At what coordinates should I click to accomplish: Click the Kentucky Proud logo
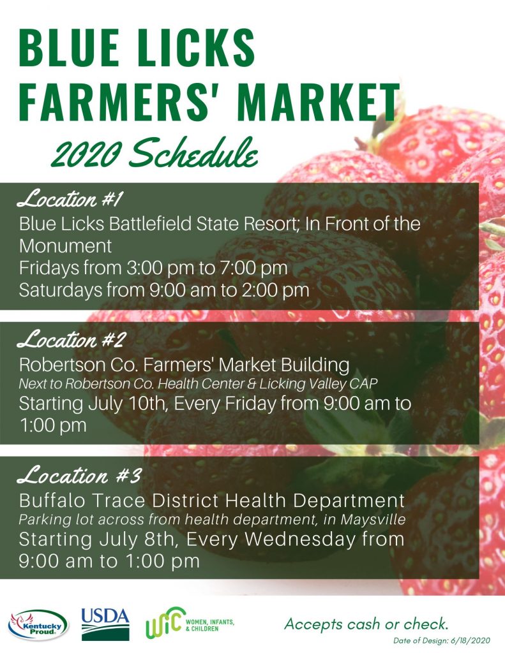(38, 625)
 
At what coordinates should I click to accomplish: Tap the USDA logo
(105, 624)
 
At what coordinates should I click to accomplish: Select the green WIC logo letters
(165, 622)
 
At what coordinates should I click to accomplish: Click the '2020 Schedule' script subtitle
(154, 153)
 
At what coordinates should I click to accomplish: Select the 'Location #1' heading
(69, 199)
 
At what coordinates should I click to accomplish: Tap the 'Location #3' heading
(79, 475)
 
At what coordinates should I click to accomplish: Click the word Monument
(66, 246)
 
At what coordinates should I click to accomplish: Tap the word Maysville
(373, 520)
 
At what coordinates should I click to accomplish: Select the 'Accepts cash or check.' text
(366, 624)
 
